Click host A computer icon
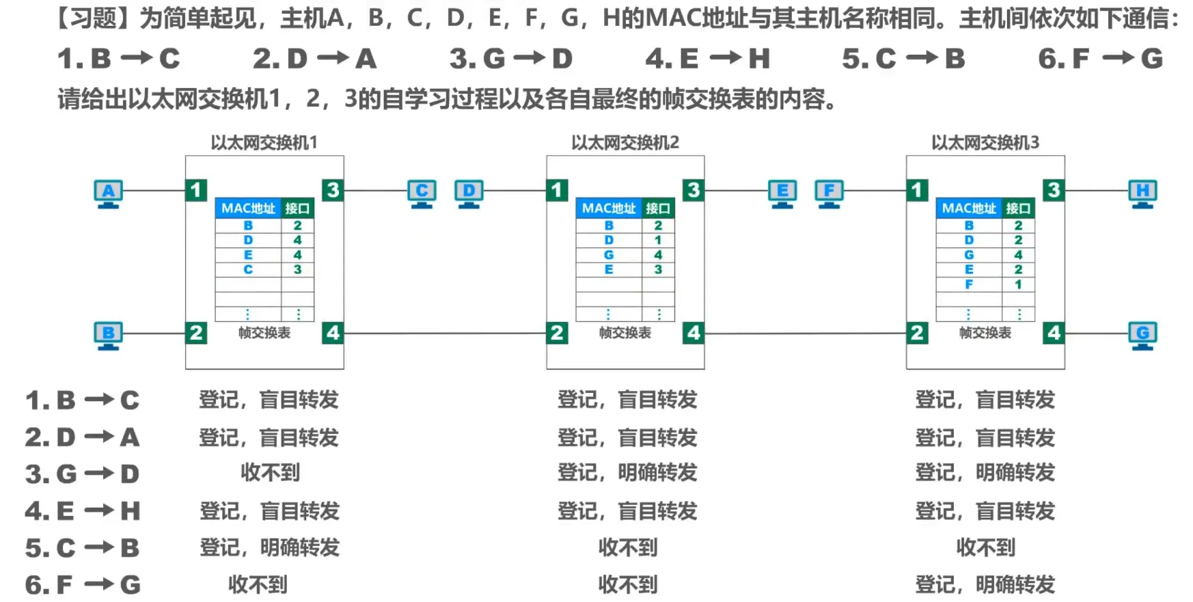pyautogui.click(x=108, y=193)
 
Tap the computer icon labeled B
pyautogui.click(x=108, y=335)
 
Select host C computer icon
pyautogui.click(x=422, y=193)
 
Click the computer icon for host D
pyautogui.click(x=469, y=193)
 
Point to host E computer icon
pyautogui.click(x=782, y=193)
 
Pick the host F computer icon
pyautogui.click(x=829, y=193)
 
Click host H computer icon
pyautogui.click(x=1142, y=193)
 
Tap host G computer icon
pyautogui.click(x=1142, y=335)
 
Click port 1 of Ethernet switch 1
pyautogui.click(x=196, y=190)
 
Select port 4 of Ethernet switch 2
pyautogui.click(x=694, y=333)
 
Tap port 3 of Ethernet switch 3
pyautogui.click(x=1054, y=190)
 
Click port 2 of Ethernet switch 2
pyautogui.click(x=557, y=333)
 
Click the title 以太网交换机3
pyautogui.click(x=985, y=143)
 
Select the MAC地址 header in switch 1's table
pyautogui.click(x=248, y=208)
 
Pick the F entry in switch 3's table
pyautogui.click(x=969, y=284)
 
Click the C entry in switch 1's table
pyautogui.click(x=248, y=269)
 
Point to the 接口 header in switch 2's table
pyautogui.click(x=658, y=208)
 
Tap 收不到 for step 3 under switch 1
pyautogui.click(x=270, y=473)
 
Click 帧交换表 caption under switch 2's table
pyautogui.click(x=625, y=333)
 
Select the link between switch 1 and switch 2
pyautogui.click(x=444, y=333)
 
